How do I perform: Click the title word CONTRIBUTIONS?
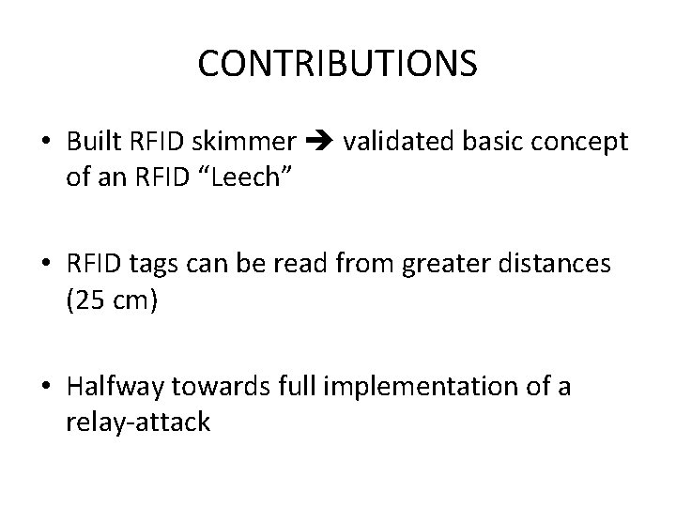[338, 64]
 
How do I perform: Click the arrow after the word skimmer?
[320, 143]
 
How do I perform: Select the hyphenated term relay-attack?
[138, 423]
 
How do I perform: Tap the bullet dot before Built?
[46, 143]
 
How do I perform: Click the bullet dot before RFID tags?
[46, 266]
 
